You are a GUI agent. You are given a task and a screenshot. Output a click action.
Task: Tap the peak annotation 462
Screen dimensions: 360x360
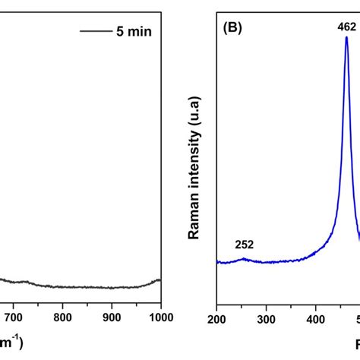(347, 26)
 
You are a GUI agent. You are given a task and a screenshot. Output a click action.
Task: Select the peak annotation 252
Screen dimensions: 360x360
(244, 245)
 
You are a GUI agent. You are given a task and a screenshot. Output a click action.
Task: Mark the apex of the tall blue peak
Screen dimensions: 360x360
(347, 38)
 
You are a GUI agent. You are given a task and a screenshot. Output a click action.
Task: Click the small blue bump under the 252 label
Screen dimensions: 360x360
(243, 258)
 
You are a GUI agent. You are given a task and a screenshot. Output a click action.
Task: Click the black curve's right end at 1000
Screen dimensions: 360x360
(160, 279)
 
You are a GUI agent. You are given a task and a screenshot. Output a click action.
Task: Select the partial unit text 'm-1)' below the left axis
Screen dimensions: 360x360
(11, 343)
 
